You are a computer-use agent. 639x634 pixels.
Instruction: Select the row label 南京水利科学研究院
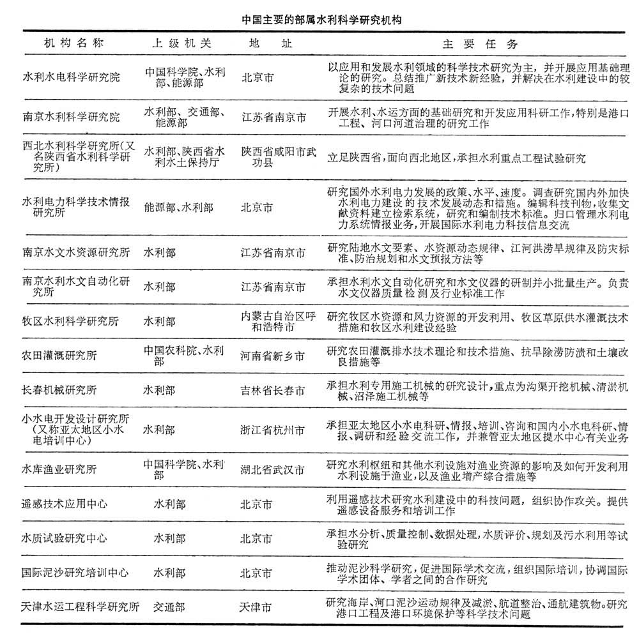pos(71,117)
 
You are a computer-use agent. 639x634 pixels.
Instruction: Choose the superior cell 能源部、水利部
pos(179,208)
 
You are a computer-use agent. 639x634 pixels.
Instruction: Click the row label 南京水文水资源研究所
pos(76,252)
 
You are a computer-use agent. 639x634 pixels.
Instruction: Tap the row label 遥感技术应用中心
pos(65,504)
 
